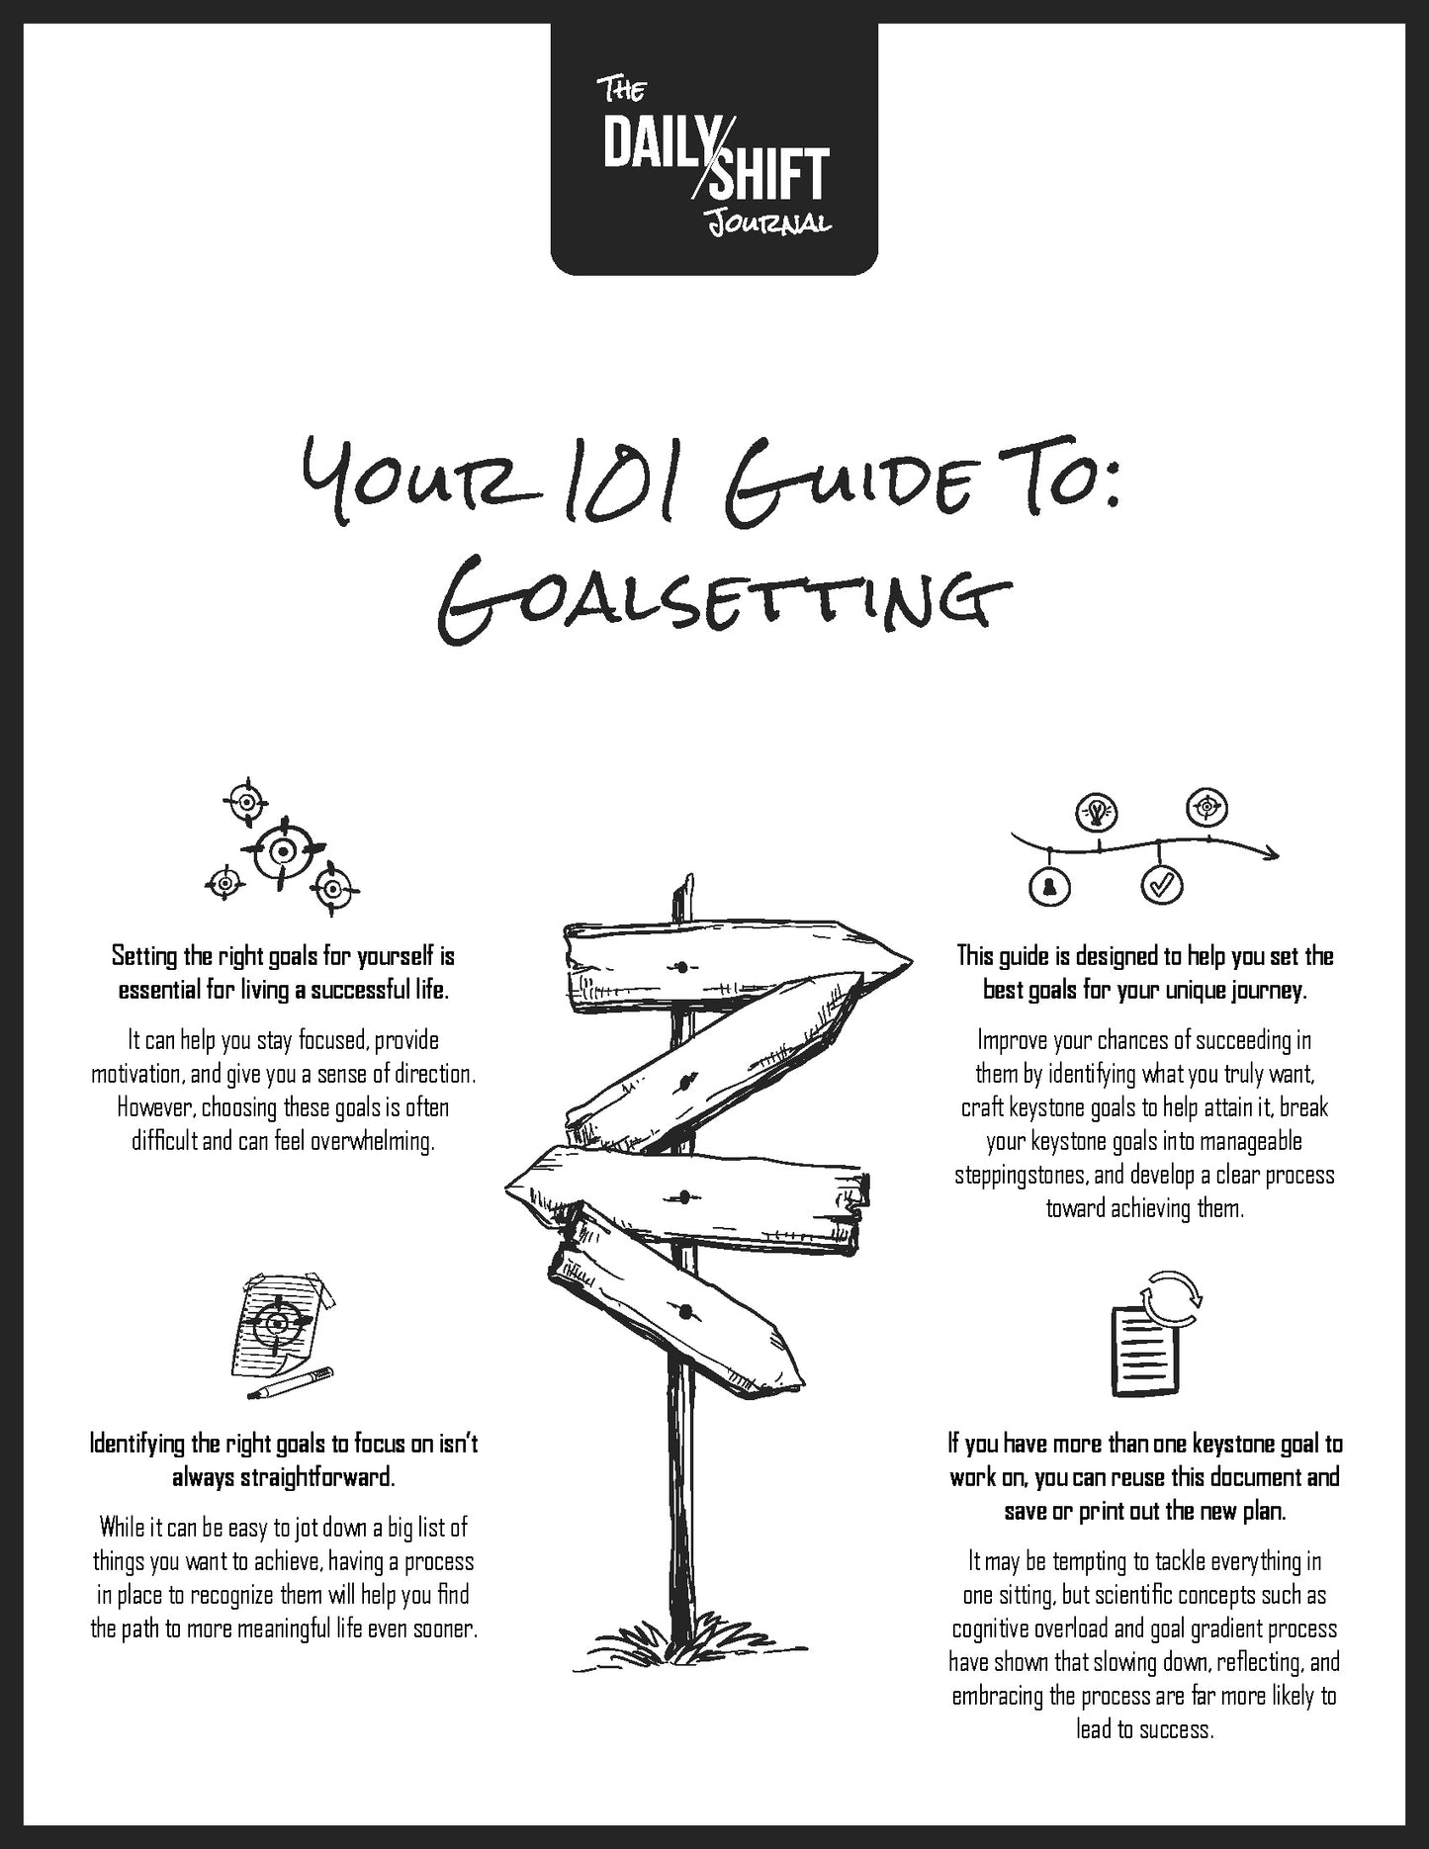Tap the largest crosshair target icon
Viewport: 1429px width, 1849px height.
[x=283, y=850]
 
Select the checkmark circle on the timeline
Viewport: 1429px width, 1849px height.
[x=1161, y=884]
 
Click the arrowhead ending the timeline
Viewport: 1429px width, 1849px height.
[x=1272, y=852]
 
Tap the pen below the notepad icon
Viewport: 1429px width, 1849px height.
[x=292, y=1383]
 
